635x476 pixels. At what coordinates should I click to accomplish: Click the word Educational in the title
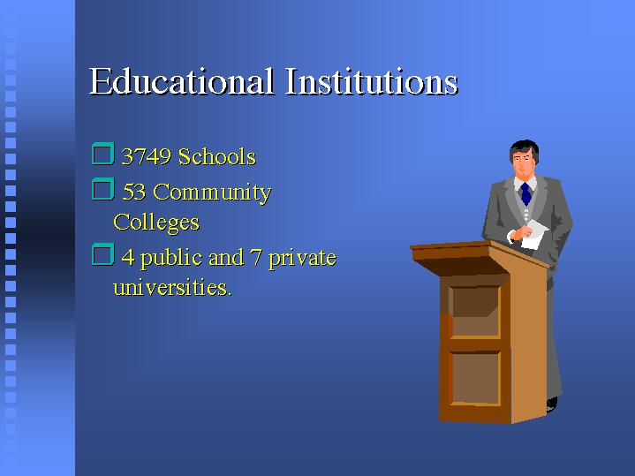[x=181, y=81]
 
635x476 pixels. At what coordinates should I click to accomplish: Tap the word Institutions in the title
[x=371, y=81]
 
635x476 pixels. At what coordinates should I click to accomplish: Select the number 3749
[x=147, y=156]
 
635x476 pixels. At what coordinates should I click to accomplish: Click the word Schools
[x=217, y=156]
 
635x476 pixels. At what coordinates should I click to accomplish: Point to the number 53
[x=134, y=192]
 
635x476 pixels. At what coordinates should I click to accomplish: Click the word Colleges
[x=156, y=223]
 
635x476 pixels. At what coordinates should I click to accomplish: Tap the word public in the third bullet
[x=171, y=258]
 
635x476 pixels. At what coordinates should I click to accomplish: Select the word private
[x=302, y=259]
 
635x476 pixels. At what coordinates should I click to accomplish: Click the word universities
[x=172, y=287]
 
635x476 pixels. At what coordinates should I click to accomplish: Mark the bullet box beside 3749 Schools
[x=102, y=154]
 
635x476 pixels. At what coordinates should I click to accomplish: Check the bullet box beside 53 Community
[x=102, y=189]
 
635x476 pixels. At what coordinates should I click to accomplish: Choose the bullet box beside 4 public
[x=102, y=254]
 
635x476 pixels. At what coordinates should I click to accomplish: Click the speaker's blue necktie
[x=525, y=193]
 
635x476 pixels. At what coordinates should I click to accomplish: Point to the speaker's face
[x=523, y=165]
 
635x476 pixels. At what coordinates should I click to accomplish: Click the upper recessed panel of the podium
[x=475, y=312]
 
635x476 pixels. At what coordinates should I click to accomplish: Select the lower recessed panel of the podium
[x=475, y=378]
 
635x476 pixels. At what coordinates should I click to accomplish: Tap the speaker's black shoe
[x=552, y=404]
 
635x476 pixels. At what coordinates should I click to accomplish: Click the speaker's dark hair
[x=525, y=149]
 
